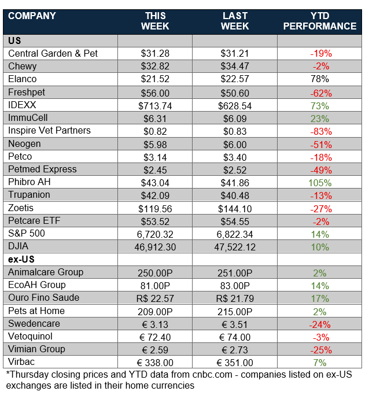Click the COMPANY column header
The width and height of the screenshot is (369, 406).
pyautogui.click(x=32, y=16)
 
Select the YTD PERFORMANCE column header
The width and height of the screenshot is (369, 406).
pyautogui.click(x=320, y=21)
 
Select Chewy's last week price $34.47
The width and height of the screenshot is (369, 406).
pyautogui.click(x=235, y=67)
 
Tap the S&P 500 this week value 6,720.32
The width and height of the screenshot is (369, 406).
pyautogui.click(x=155, y=234)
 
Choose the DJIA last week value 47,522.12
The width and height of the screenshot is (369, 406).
pyautogui.click(x=235, y=247)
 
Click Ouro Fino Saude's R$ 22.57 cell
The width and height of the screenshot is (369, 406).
pyautogui.click(x=155, y=298)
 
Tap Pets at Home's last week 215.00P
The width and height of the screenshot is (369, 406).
pyautogui.click(x=235, y=311)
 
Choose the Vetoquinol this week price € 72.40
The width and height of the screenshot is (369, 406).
pyautogui.click(x=155, y=337)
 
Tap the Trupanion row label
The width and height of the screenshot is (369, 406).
pyautogui.click(x=29, y=195)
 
